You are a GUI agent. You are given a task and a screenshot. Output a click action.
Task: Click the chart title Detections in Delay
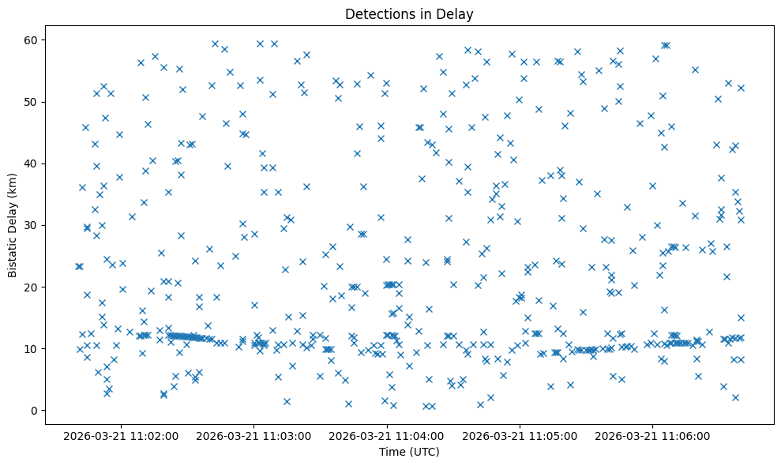pyautogui.click(x=409, y=13)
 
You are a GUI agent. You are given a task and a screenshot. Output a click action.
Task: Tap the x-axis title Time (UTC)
pyautogui.click(x=409, y=452)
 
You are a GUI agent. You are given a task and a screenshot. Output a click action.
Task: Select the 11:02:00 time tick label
pyautogui.click(x=122, y=435)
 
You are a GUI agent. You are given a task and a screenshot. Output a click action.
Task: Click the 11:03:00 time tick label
pyautogui.click(x=254, y=435)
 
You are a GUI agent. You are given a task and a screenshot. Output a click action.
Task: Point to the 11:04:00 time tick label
pyautogui.click(x=387, y=435)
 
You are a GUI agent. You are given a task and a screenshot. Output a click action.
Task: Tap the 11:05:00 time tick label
pyautogui.click(x=520, y=435)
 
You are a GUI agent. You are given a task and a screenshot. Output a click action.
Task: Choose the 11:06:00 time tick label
pyautogui.click(x=652, y=435)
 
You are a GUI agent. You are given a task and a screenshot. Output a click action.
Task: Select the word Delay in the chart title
pyautogui.click(x=456, y=13)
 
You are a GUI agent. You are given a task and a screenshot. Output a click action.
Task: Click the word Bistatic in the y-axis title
pyautogui.click(x=13, y=254)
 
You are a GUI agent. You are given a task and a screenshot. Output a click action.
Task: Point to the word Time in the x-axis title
pyautogui.click(x=392, y=452)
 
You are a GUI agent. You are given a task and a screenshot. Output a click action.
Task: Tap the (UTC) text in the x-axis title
pyautogui.click(x=423, y=452)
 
